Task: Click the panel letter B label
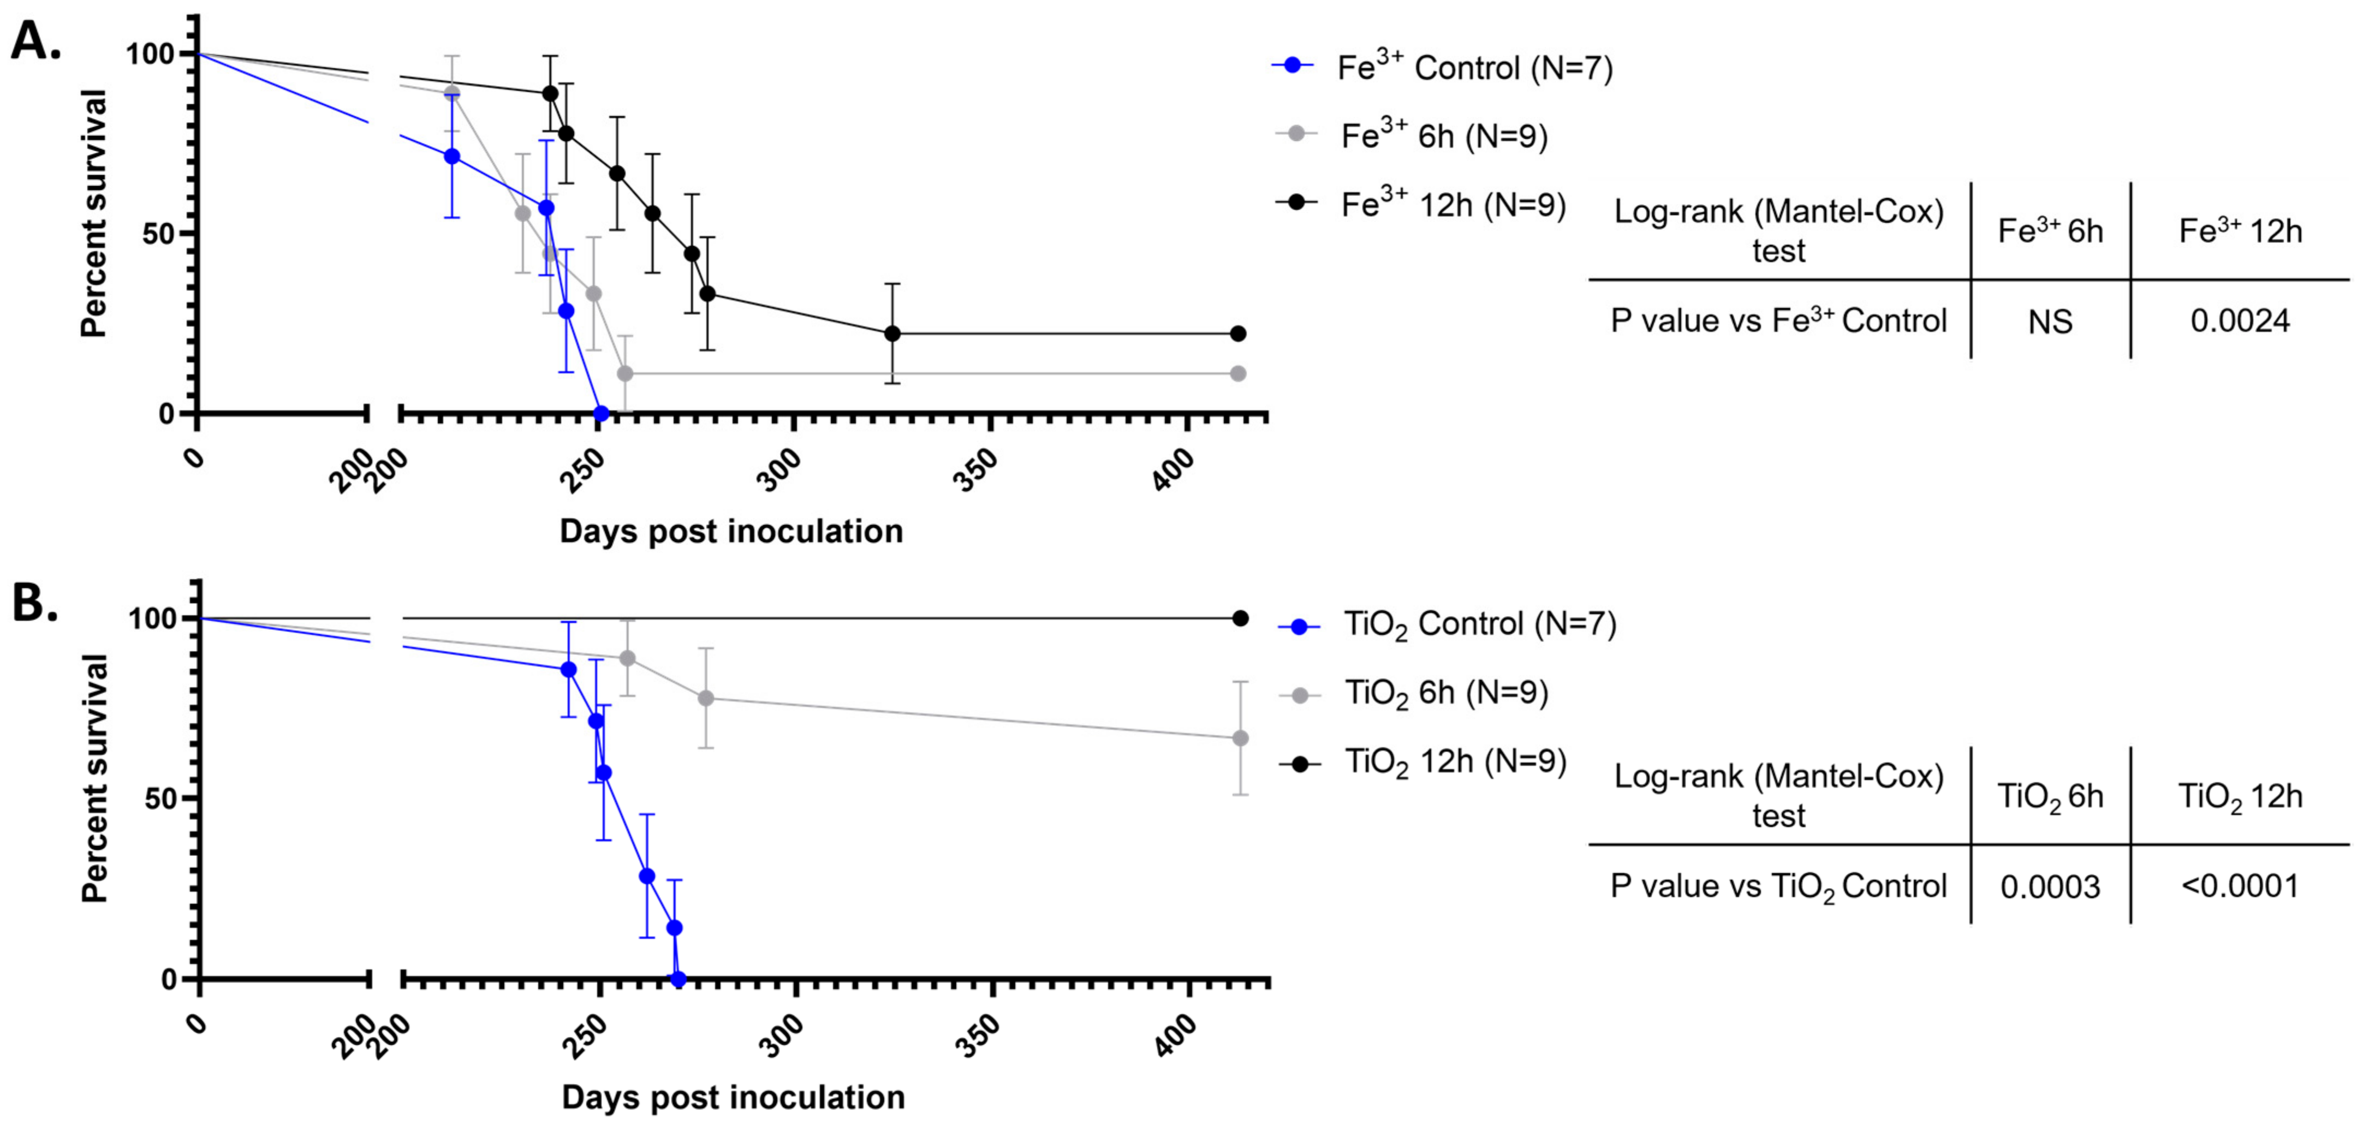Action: point(35,605)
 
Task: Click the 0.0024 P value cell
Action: point(2239,321)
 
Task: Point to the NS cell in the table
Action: point(2050,322)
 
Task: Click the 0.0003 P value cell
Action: point(2050,886)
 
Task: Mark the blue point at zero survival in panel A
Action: point(601,413)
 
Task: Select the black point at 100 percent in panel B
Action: point(1241,618)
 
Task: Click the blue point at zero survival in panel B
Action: point(678,979)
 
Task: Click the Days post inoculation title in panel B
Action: point(733,1097)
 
